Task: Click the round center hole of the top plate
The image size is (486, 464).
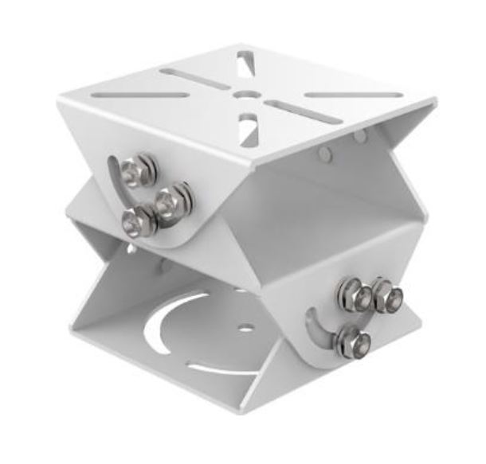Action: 243,94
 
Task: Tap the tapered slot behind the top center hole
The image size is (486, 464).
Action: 245,62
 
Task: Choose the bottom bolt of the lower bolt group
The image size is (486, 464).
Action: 351,341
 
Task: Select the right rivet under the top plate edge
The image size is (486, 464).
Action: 361,138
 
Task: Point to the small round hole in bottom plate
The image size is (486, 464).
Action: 246,327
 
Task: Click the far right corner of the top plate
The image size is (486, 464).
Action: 435,102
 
